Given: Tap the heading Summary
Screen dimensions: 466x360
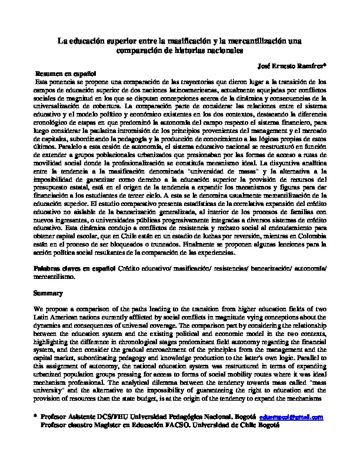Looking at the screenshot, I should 45,292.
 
